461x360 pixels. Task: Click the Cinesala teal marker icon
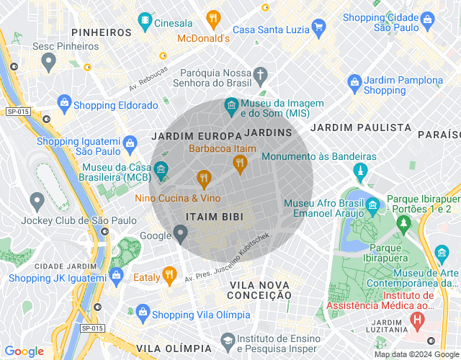pos(146,19)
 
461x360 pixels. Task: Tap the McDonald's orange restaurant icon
pos(212,18)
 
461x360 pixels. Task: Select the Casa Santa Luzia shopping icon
pos(318,28)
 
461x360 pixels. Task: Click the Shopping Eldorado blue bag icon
pos(64,104)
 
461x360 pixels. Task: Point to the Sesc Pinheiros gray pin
pos(48,62)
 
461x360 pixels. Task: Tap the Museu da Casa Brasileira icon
pos(161,171)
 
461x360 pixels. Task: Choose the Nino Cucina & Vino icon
pos(204,178)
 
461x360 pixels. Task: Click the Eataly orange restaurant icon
pos(169,274)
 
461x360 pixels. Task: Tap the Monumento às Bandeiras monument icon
pos(359,172)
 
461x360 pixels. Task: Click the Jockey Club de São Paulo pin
pos(37,201)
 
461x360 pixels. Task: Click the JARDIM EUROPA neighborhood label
pos(196,135)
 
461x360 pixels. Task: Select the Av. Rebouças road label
pos(148,79)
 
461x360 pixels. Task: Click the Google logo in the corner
pos(24,351)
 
